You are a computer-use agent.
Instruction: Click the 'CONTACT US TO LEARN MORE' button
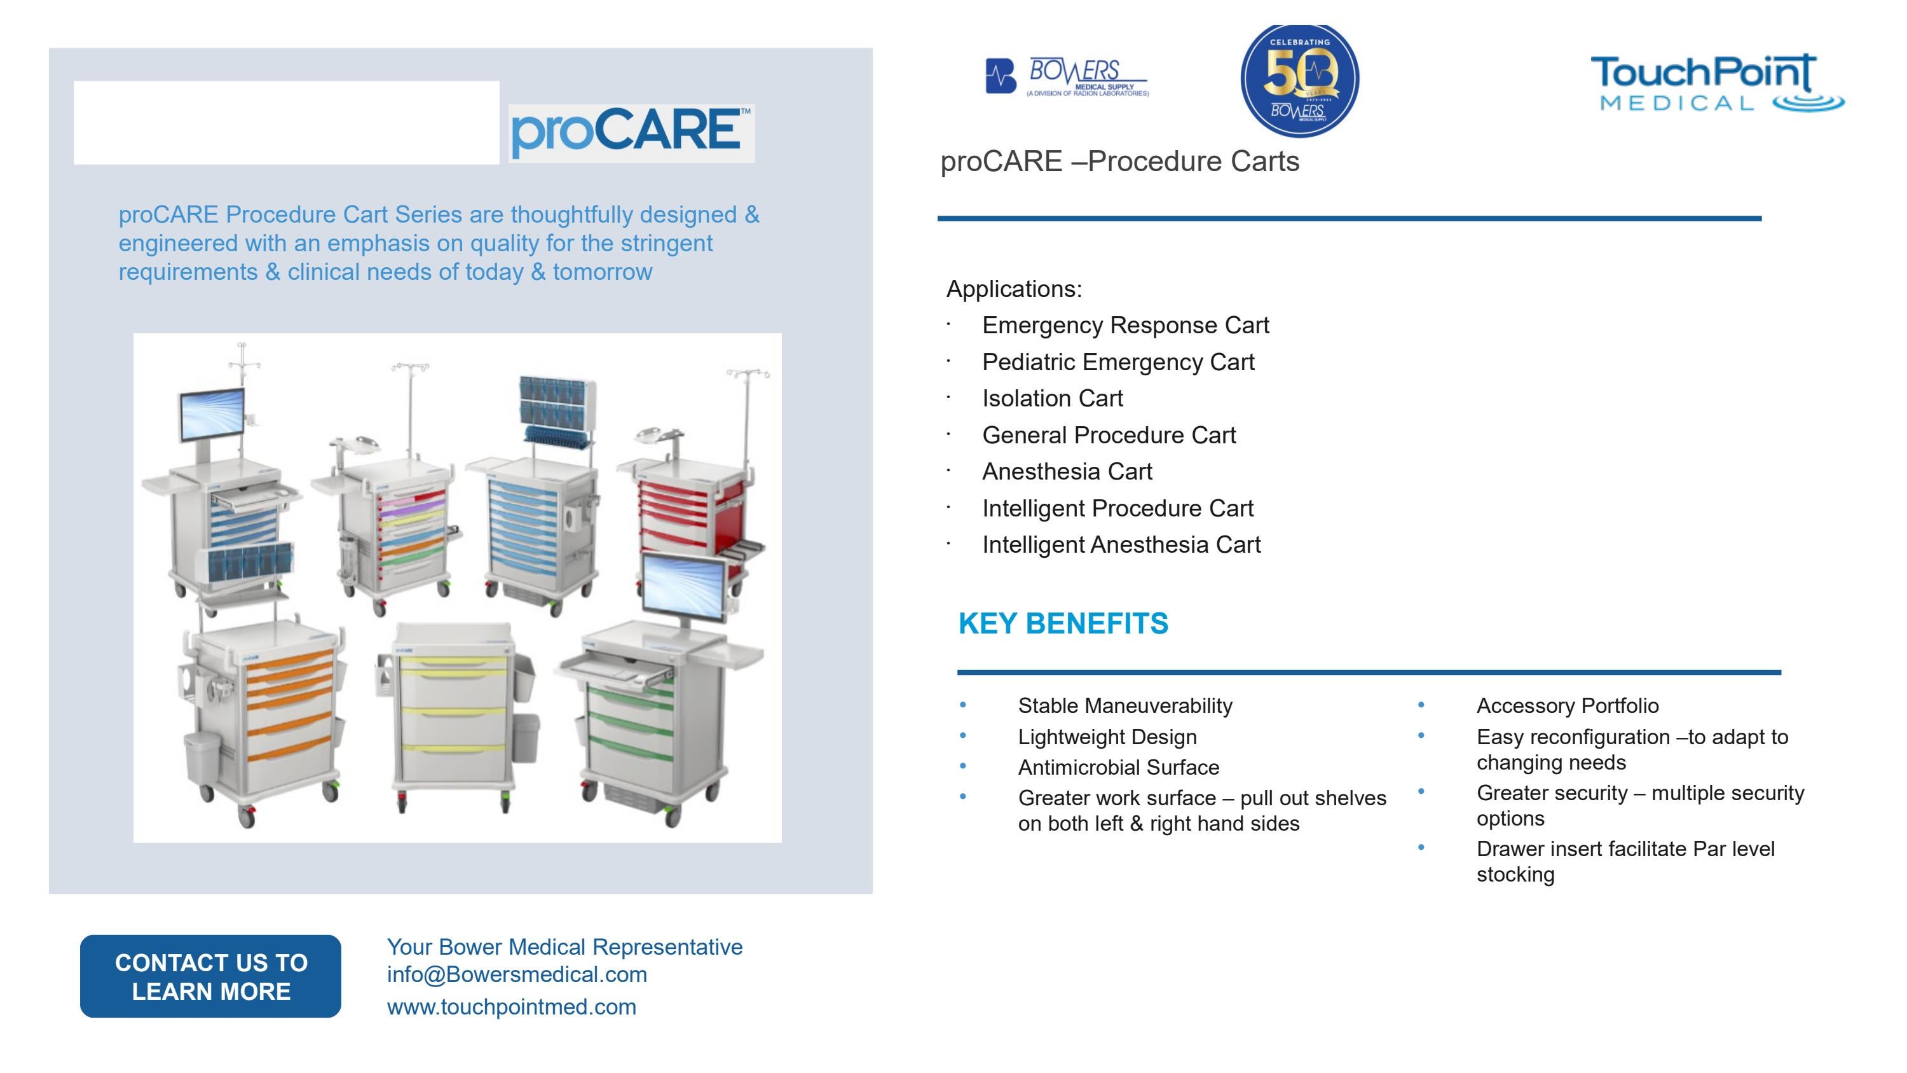click(x=210, y=976)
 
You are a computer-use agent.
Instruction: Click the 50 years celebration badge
click(x=1299, y=80)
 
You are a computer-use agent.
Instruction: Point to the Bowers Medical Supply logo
click(x=1067, y=77)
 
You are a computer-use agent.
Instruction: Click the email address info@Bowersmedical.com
click(x=517, y=974)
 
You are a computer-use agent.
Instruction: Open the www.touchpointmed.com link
click(x=512, y=1007)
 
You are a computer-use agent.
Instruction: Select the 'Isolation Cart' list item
click(x=1052, y=398)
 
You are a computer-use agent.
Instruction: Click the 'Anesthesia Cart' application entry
click(x=1067, y=472)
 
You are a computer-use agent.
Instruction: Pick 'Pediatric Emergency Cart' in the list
click(x=1118, y=362)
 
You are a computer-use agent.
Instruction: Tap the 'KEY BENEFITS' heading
click(x=1063, y=623)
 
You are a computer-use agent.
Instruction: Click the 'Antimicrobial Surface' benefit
click(x=1118, y=767)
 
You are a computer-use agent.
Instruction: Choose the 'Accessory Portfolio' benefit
click(x=1567, y=706)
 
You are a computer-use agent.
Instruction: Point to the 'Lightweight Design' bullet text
click(x=1107, y=737)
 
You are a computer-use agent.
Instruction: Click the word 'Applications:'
click(x=1013, y=289)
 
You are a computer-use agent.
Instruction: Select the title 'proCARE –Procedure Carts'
click(x=1119, y=162)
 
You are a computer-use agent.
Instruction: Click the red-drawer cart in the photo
click(x=688, y=511)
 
